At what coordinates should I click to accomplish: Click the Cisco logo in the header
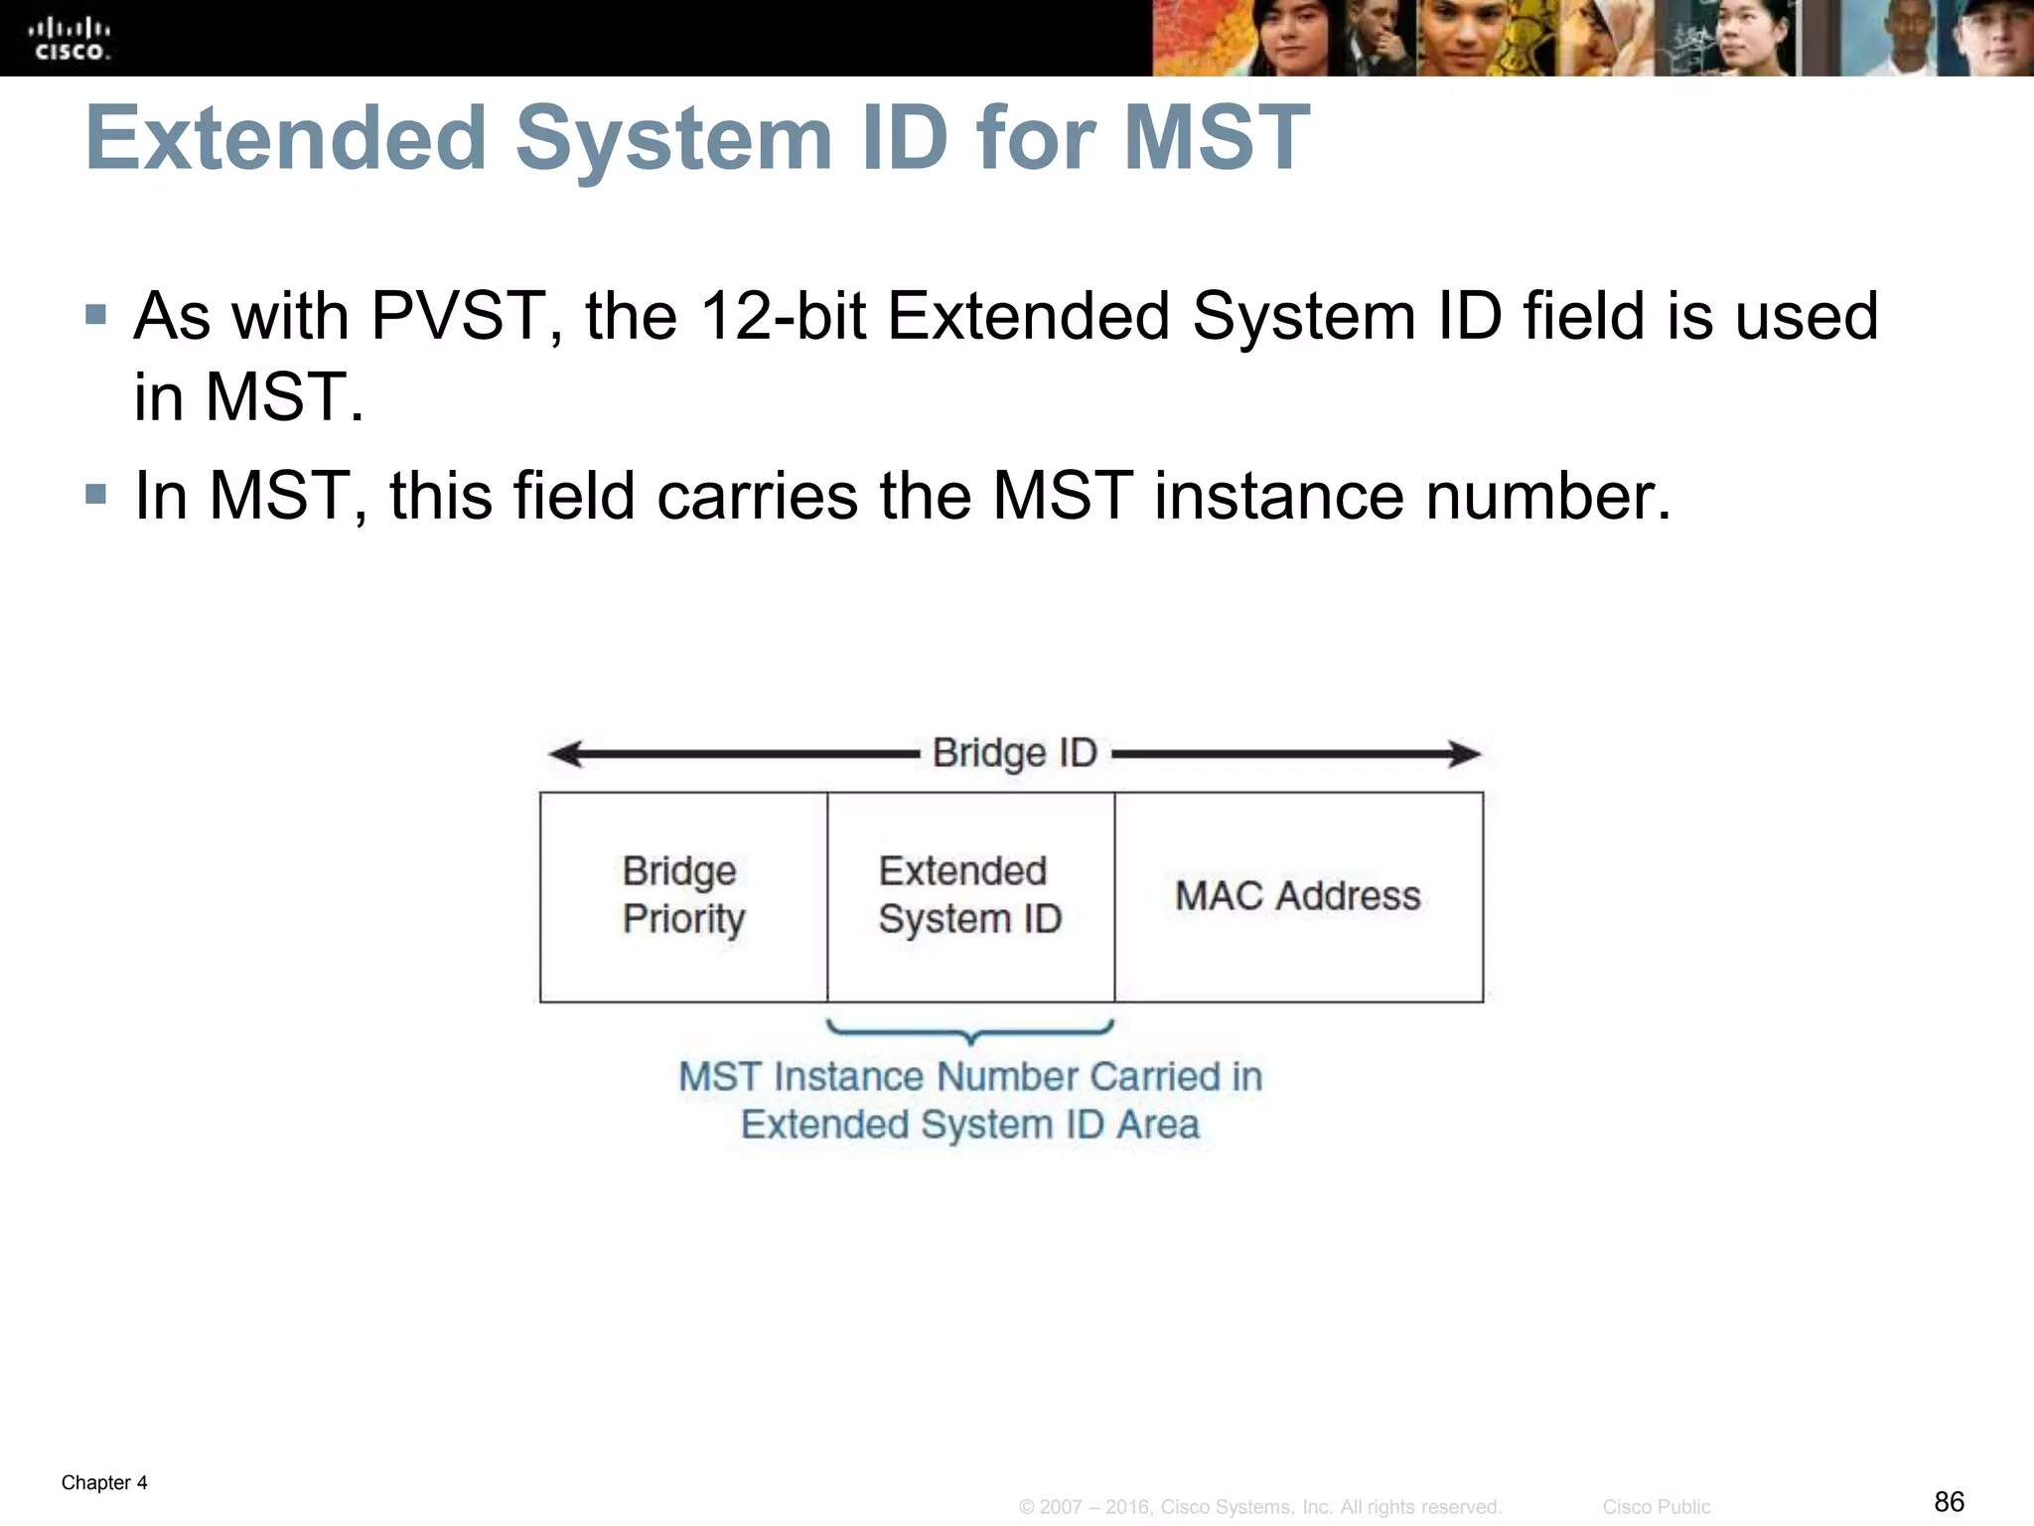click(x=69, y=38)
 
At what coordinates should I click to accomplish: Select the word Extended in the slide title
click(x=286, y=138)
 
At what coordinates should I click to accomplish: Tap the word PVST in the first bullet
click(x=458, y=317)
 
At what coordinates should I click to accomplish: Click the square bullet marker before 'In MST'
click(x=96, y=494)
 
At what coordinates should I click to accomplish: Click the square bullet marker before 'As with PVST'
click(x=96, y=315)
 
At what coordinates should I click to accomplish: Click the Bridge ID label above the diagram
click(x=1014, y=753)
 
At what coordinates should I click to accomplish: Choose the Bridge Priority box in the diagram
click(x=683, y=896)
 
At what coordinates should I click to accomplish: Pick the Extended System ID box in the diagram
click(x=970, y=896)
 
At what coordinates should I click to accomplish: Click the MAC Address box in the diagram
click(x=1298, y=896)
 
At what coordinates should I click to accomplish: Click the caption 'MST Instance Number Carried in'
click(x=970, y=1077)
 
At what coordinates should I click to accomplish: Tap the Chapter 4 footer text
click(x=104, y=1482)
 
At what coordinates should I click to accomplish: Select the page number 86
click(x=1949, y=1501)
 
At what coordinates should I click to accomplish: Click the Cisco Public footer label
click(x=1656, y=1507)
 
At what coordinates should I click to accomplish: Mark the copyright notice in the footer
click(x=1260, y=1507)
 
